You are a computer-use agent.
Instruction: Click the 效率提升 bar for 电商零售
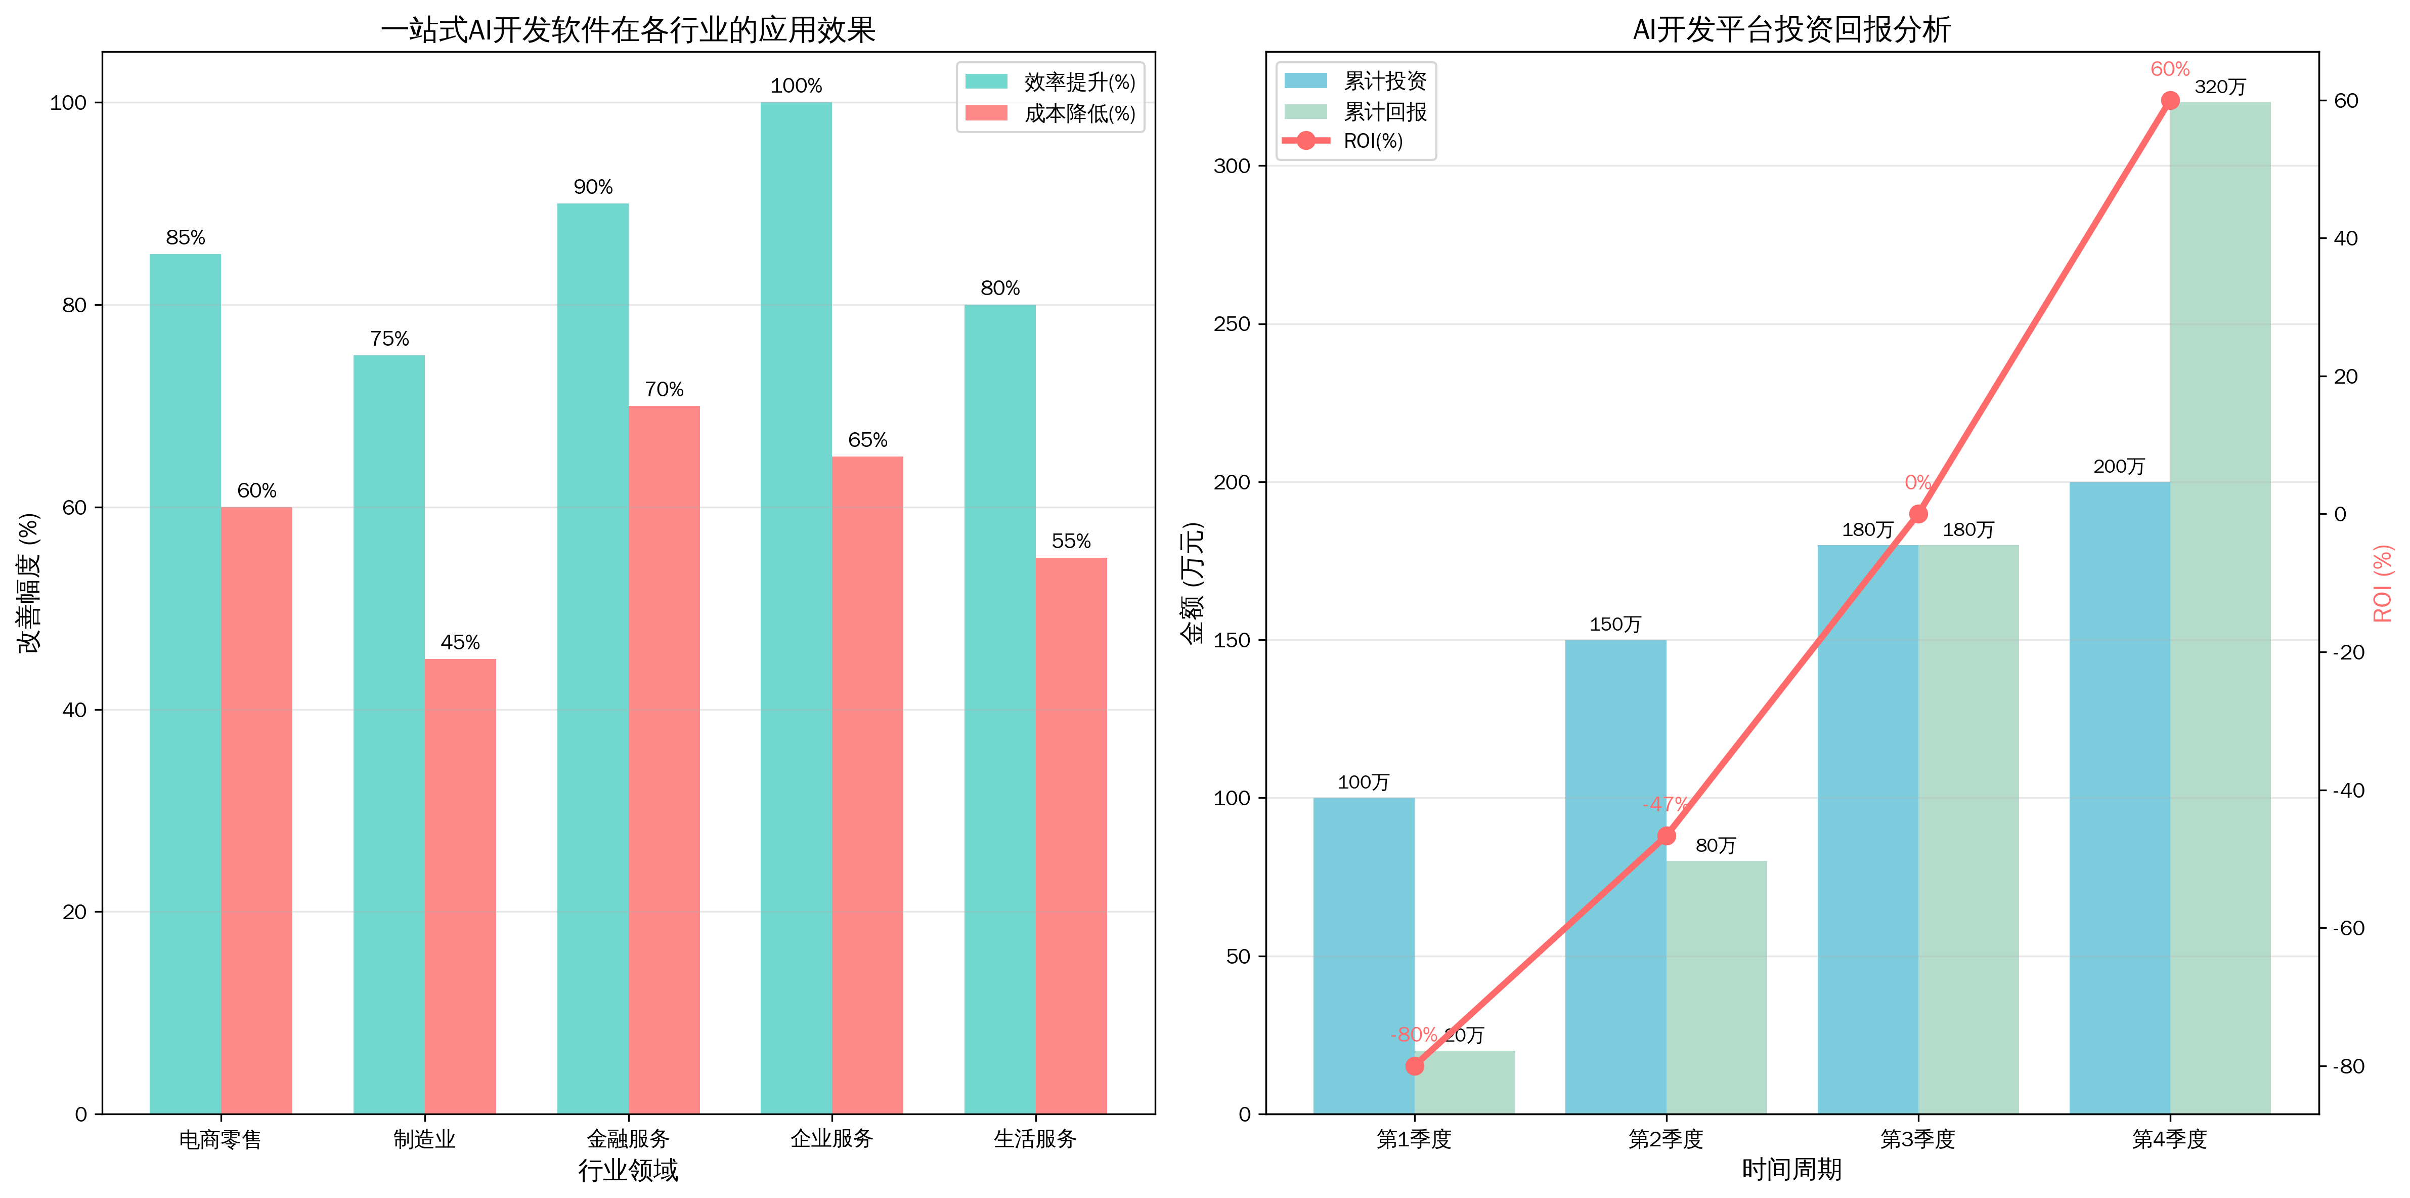[x=185, y=683]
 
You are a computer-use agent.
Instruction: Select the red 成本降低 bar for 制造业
[x=460, y=885]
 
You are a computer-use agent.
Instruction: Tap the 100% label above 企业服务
[x=796, y=86]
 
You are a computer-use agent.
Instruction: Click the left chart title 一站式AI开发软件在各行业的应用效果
[x=628, y=30]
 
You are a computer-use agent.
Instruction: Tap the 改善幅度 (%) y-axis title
[x=30, y=582]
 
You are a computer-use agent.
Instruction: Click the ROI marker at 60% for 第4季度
[x=2170, y=101]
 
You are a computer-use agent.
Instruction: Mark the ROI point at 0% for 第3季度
[x=1918, y=514]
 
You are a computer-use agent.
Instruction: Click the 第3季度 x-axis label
[x=1918, y=1139]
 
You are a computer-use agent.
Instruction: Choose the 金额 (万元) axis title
[x=1193, y=582]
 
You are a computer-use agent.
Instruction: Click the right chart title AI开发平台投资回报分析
[x=1791, y=30]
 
